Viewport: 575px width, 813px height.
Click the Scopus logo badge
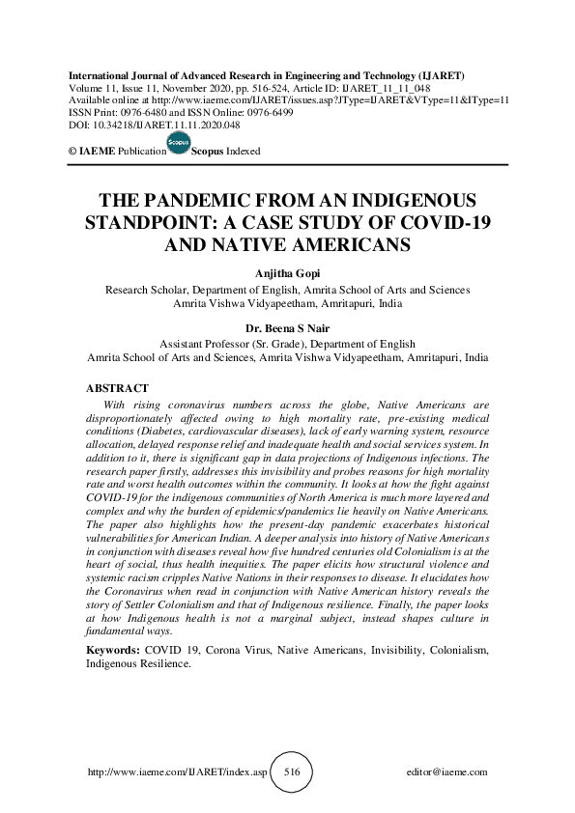[179, 145]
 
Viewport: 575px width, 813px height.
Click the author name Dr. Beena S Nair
[287, 328]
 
